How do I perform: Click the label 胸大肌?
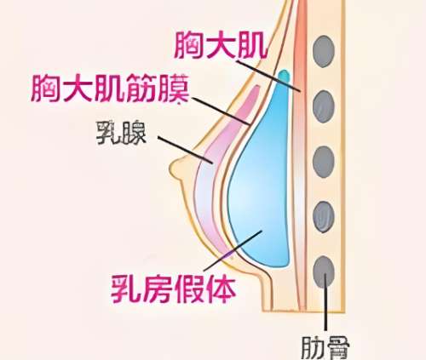pos(221,45)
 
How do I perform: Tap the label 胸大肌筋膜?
pos(110,89)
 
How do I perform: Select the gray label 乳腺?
pos(121,133)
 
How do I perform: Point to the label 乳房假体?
pos(173,289)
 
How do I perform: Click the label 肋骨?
pos(325,348)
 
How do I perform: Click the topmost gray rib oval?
pos(324,51)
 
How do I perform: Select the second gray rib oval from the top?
pos(324,106)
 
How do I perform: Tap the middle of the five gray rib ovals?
pos(324,162)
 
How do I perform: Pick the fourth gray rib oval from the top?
pos(324,217)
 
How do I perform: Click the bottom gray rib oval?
pos(324,271)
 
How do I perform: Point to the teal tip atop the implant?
pos(284,76)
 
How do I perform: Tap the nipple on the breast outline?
pos(177,169)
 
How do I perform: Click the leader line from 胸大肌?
pos(268,76)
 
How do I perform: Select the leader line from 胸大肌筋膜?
pos(222,111)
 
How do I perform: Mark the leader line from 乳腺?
pos(185,150)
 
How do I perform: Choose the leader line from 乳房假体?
pos(233,250)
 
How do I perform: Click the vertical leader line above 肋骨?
pos(325,302)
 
